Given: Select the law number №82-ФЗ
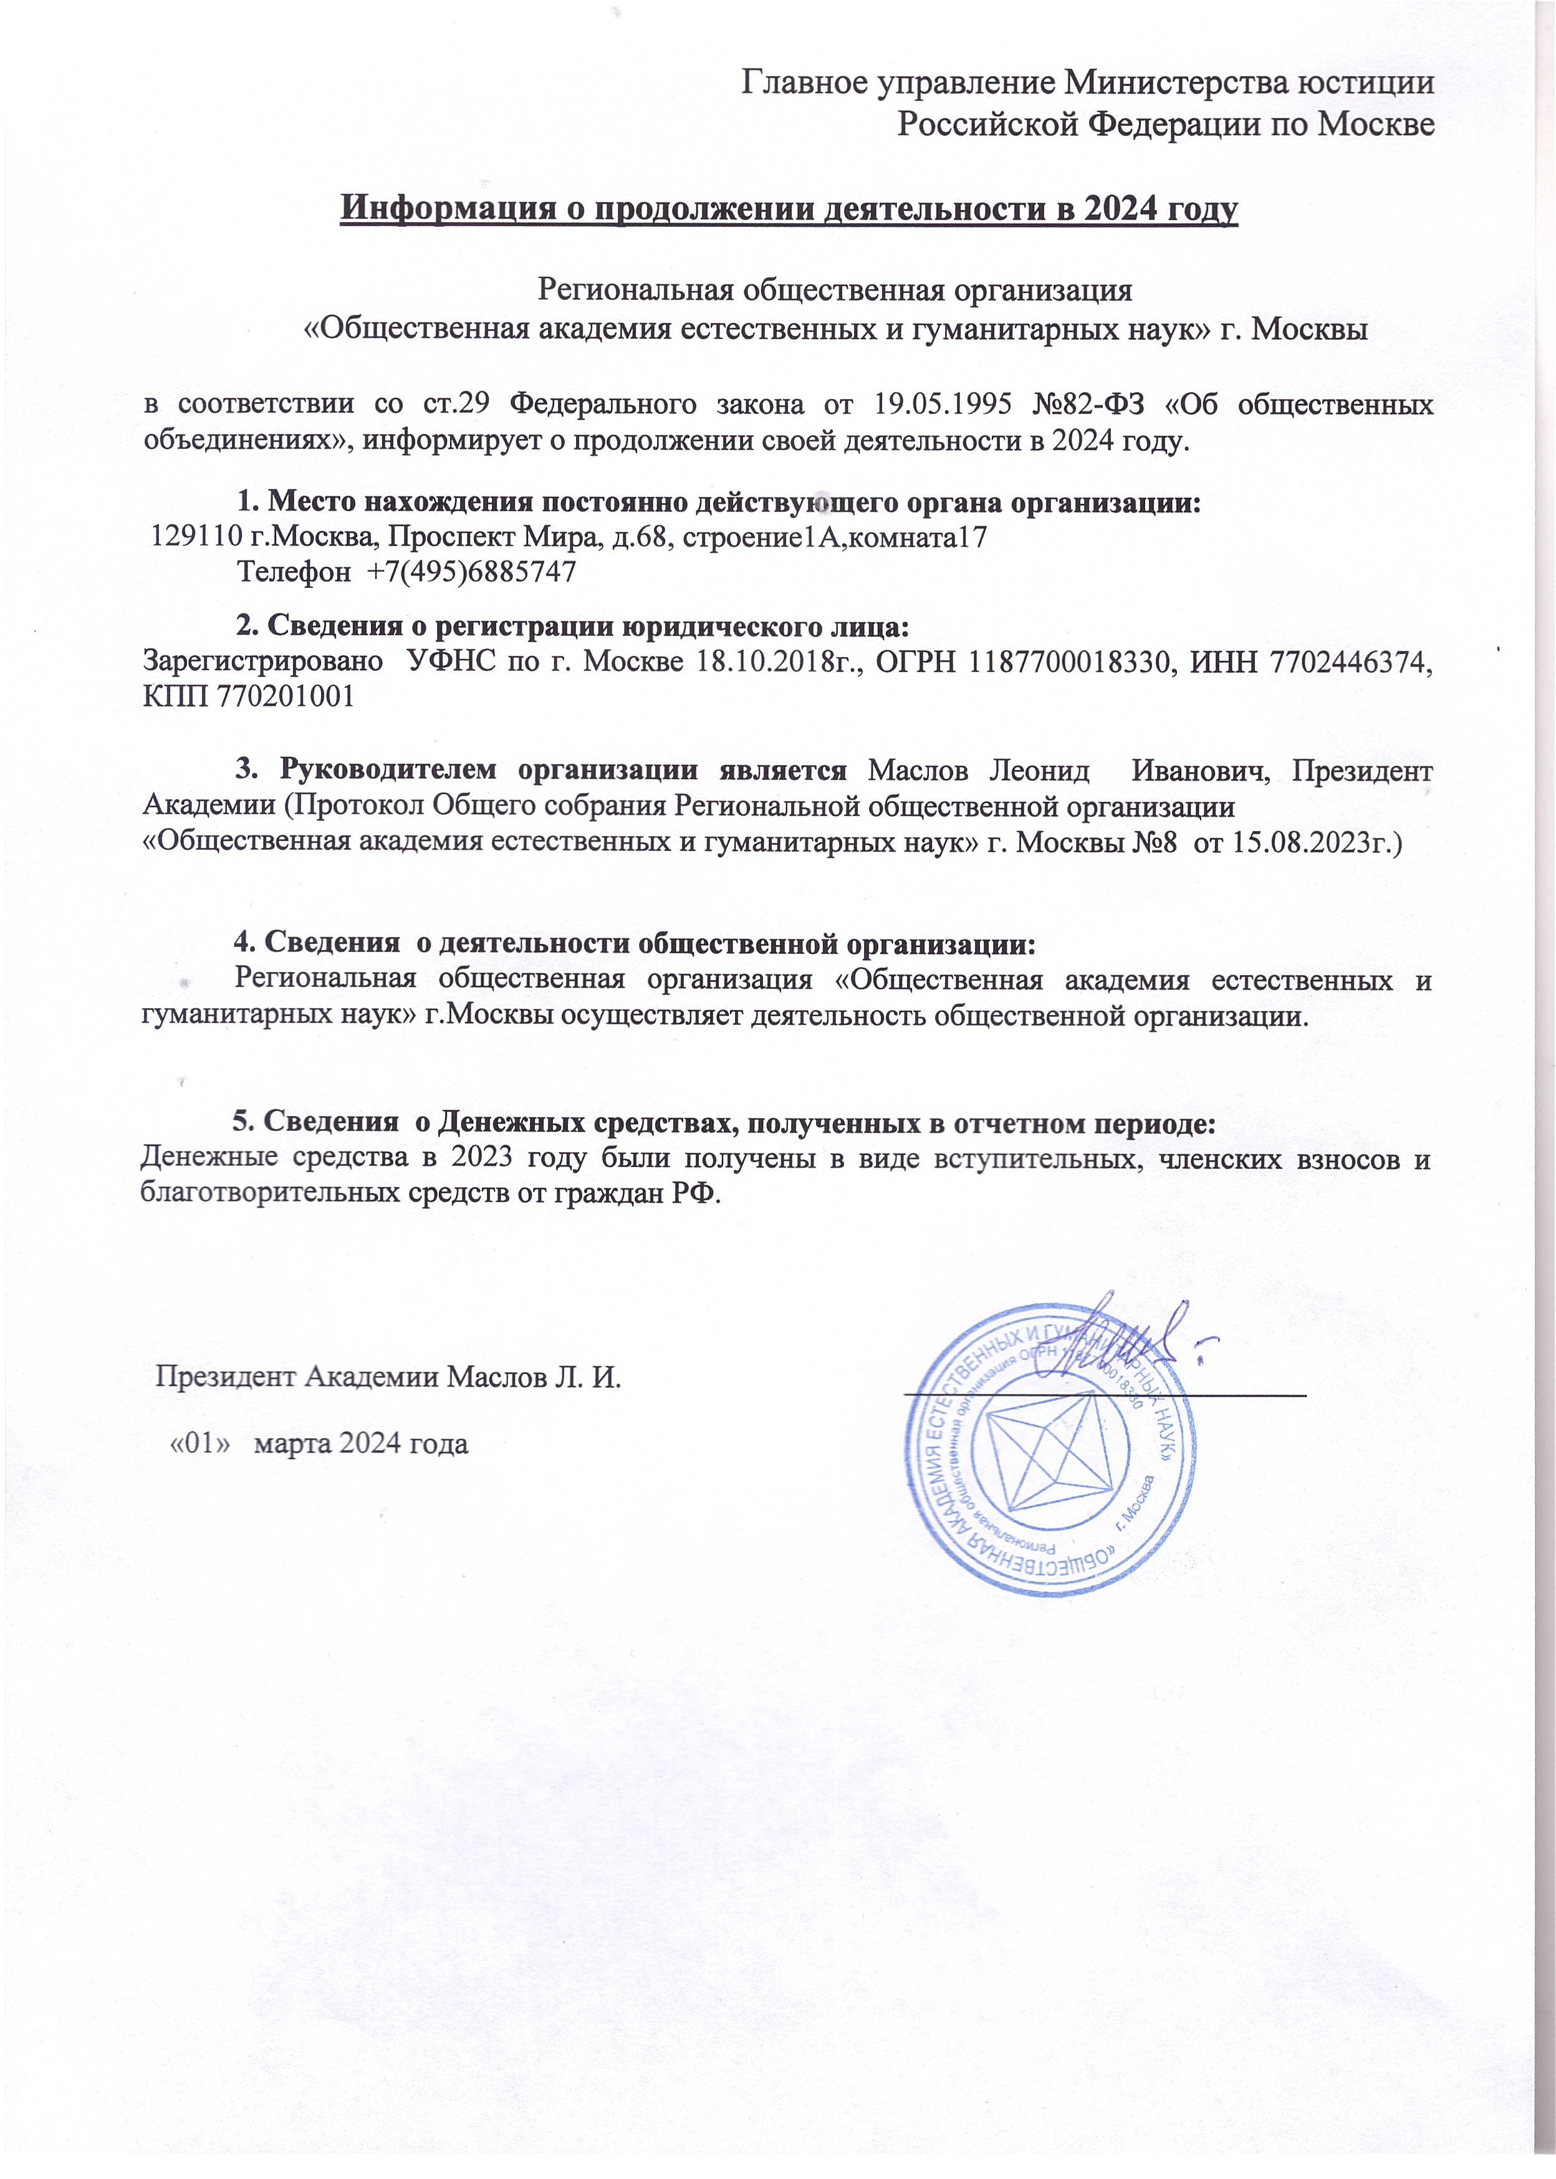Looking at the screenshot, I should pos(1090,405).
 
